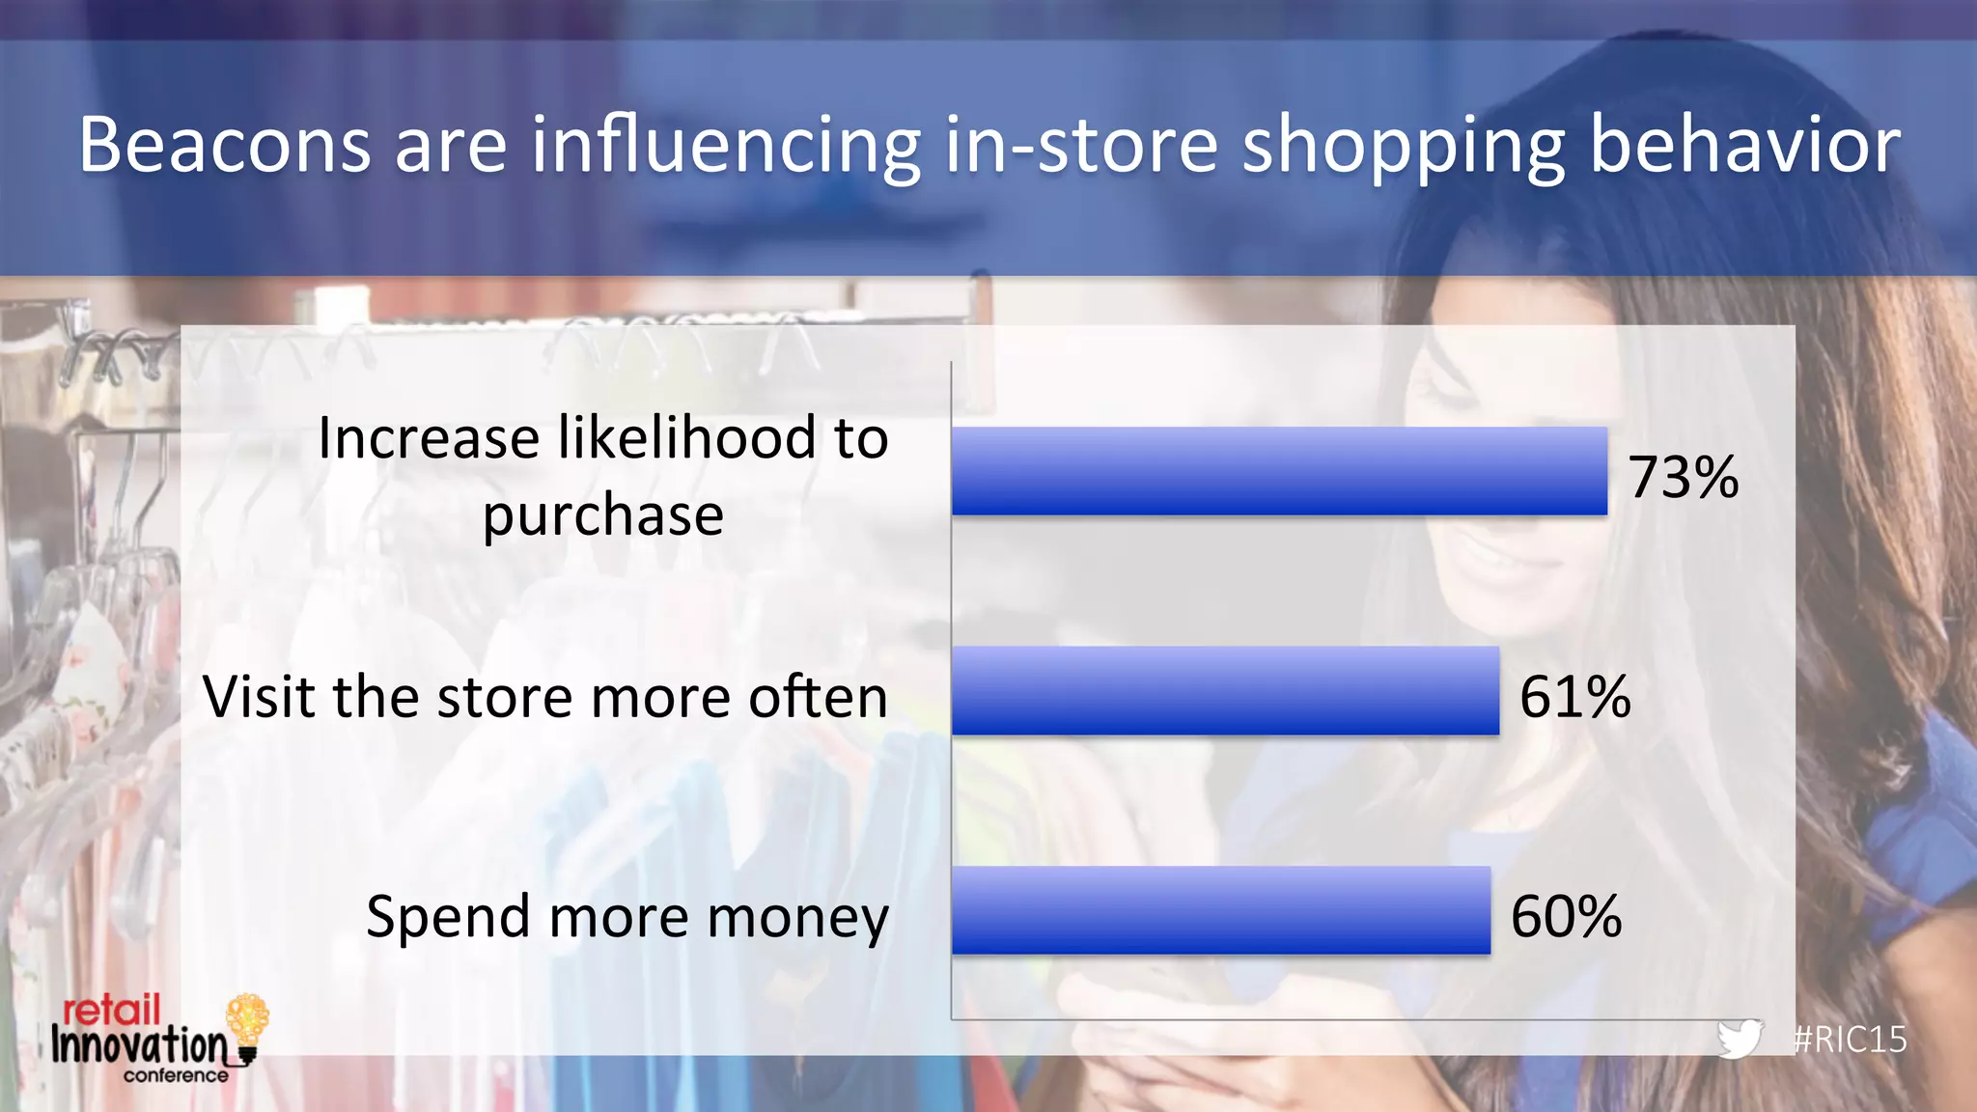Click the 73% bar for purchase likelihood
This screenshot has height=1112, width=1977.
pyautogui.click(x=1279, y=471)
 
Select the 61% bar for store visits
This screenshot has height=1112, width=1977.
pyautogui.click(x=1225, y=690)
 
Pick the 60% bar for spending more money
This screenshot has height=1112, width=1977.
pyautogui.click(x=1220, y=910)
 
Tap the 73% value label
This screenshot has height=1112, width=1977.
pyautogui.click(x=1684, y=477)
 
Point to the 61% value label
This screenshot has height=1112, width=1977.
pyautogui.click(x=1574, y=696)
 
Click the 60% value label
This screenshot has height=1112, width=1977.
pyautogui.click(x=1566, y=916)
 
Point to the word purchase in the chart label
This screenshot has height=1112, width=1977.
pyautogui.click(x=603, y=515)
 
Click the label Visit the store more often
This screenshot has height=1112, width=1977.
pyautogui.click(x=544, y=696)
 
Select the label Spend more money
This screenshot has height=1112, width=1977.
pyautogui.click(x=627, y=916)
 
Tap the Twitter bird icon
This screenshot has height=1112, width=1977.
pyautogui.click(x=1740, y=1039)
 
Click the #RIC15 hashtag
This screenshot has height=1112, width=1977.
pyautogui.click(x=1850, y=1040)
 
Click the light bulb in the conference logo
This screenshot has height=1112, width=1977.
pyautogui.click(x=247, y=1023)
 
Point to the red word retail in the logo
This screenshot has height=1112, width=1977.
pyautogui.click(x=111, y=1011)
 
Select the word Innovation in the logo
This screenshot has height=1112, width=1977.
pyautogui.click(x=139, y=1045)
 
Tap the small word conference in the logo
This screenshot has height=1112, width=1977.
pyautogui.click(x=176, y=1075)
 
